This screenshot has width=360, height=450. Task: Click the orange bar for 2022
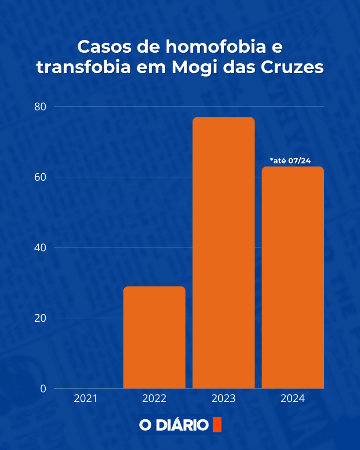154,337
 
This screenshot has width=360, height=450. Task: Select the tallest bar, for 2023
223,253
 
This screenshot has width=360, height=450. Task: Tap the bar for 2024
293,277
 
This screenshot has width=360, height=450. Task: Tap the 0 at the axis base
43,388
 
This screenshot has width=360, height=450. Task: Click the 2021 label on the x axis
85,399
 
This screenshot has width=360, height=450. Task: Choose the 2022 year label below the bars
154,399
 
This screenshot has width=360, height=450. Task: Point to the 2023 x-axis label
223,399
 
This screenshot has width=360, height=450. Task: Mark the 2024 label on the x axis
293,399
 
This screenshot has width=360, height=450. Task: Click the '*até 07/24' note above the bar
291,161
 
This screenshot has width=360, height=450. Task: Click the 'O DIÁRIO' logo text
174,425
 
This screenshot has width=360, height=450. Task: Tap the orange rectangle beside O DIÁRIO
217,425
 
